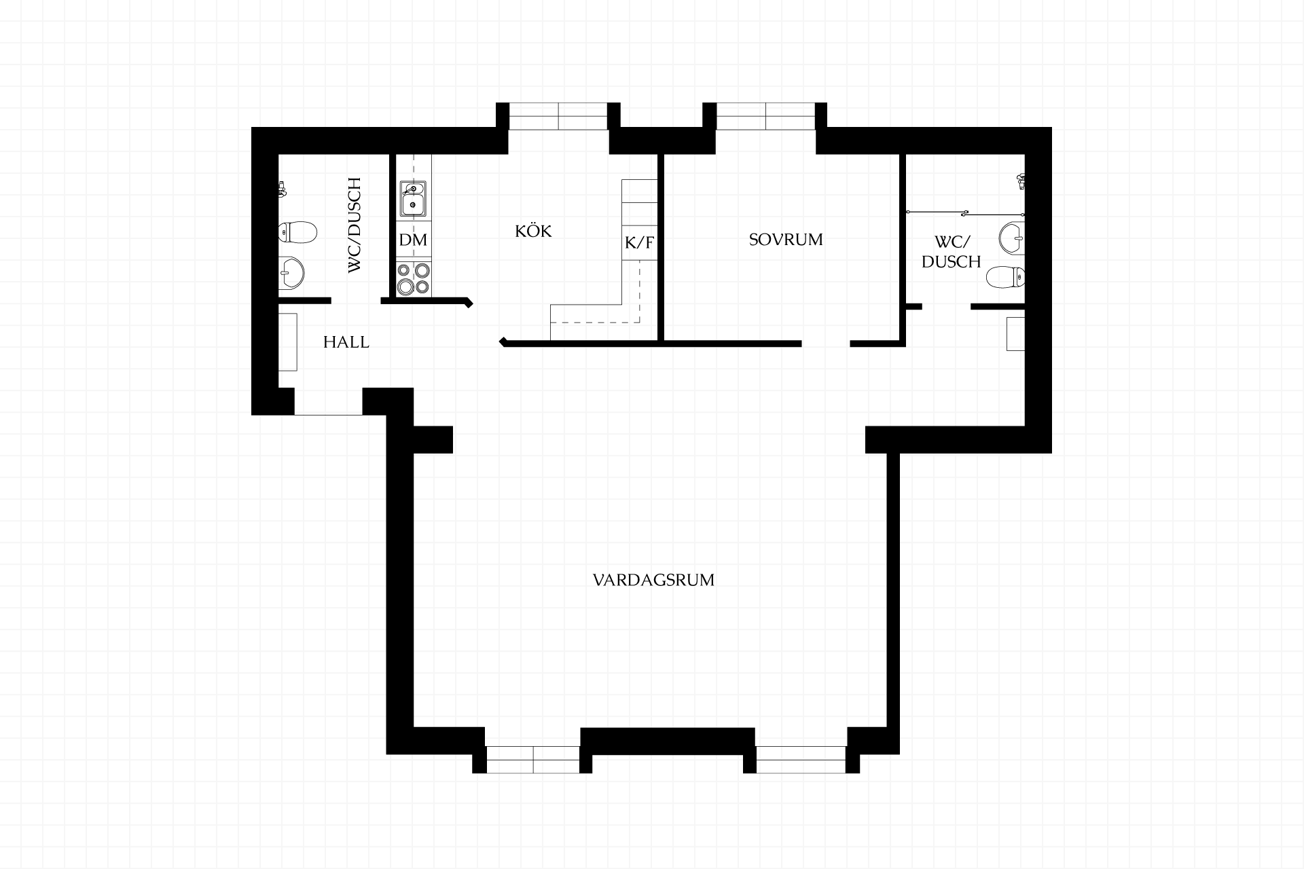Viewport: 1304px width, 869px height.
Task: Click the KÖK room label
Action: (x=533, y=231)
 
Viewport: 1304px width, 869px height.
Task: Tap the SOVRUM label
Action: (x=786, y=240)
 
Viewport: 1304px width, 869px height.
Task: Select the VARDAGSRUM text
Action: (x=653, y=580)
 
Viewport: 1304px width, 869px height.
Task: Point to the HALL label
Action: (x=346, y=342)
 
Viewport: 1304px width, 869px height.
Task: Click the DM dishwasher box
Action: (x=414, y=240)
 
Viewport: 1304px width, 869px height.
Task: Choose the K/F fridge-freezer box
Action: (x=640, y=242)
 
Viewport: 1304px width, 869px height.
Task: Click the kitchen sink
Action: (x=413, y=199)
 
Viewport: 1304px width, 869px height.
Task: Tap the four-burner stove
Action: (x=414, y=278)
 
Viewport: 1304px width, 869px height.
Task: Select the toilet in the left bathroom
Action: (x=297, y=233)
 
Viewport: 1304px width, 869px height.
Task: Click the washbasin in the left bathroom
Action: (x=291, y=274)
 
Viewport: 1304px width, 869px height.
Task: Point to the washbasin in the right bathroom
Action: (x=1012, y=238)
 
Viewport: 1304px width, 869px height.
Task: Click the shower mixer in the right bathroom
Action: (x=1019, y=181)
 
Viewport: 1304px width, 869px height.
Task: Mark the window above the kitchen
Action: (x=558, y=116)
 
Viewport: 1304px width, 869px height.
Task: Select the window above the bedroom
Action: (x=766, y=116)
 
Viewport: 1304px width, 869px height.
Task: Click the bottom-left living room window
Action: (x=533, y=760)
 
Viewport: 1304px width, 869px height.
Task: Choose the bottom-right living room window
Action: (x=801, y=760)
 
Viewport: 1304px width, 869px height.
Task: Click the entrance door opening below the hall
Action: (x=328, y=402)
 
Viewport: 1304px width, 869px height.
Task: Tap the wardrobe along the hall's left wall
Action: (x=288, y=342)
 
